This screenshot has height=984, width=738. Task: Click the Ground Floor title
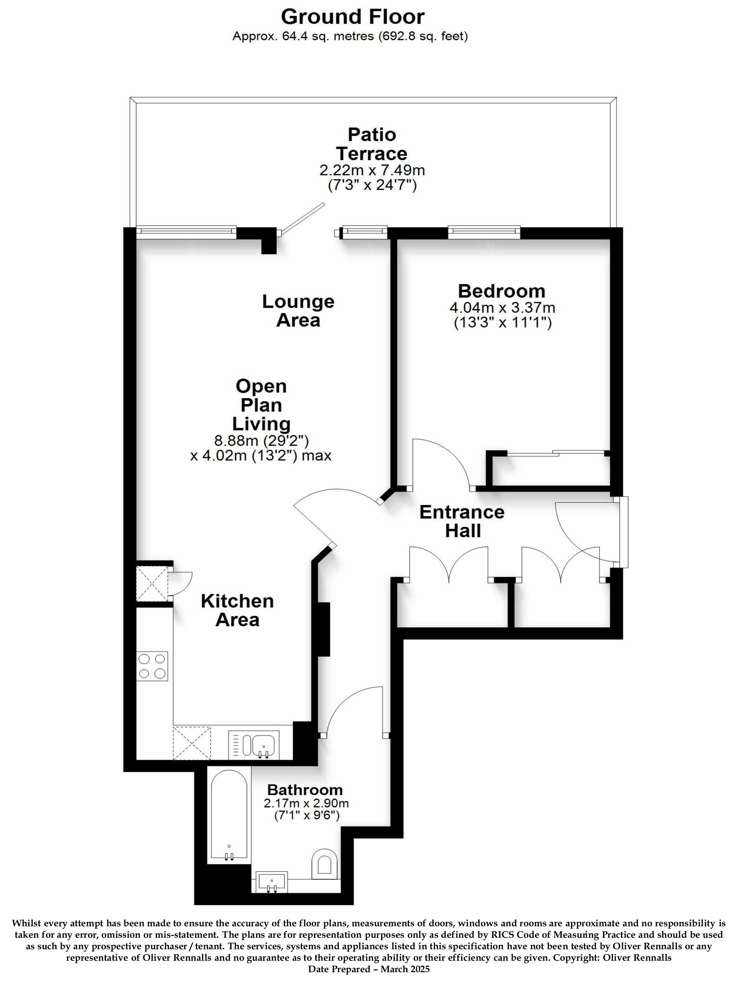(353, 17)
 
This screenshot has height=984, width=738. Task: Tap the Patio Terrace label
(372, 144)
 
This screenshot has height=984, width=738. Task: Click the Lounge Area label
(298, 311)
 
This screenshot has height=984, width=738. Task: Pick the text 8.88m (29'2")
(261, 441)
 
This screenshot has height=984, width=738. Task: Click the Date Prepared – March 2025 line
(369, 978)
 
